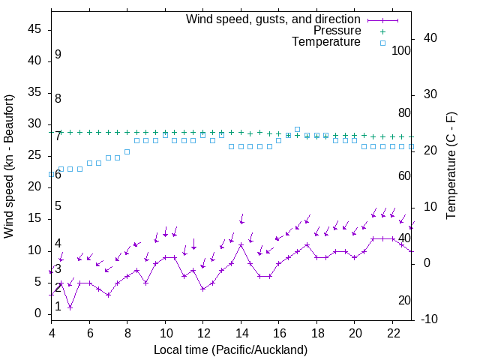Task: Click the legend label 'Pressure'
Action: tap(337, 31)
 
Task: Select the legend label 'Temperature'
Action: tap(326, 42)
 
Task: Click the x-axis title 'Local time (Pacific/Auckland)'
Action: tap(230, 350)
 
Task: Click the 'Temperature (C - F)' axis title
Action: tap(451, 166)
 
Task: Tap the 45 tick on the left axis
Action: tap(34, 30)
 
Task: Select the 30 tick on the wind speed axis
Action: tap(34, 124)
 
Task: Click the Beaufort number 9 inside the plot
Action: tap(58, 55)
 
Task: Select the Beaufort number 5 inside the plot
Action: tap(58, 206)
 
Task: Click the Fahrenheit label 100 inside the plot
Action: tap(402, 50)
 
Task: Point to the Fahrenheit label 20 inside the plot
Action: tap(404, 301)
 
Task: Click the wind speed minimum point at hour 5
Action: tap(70, 307)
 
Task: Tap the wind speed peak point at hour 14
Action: tap(241, 244)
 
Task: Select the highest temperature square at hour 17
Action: tap(298, 129)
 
